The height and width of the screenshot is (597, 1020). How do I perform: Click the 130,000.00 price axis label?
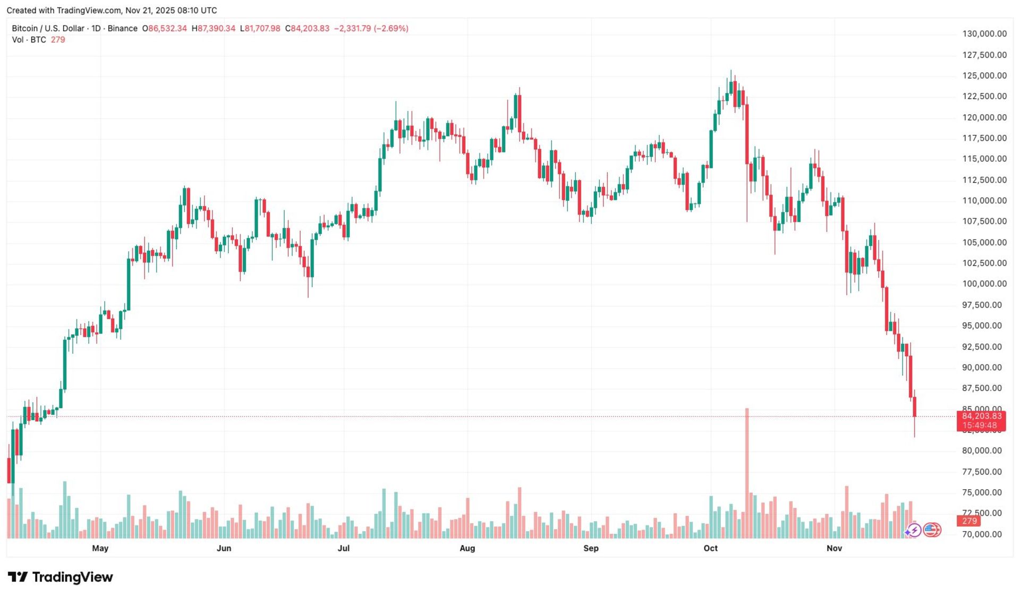[x=984, y=33]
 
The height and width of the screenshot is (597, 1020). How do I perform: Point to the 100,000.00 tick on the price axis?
[x=984, y=284]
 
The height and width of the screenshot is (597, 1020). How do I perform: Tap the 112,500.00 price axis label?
[x=984, y=180]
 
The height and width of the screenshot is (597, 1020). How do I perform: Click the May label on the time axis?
[x=100, y=548]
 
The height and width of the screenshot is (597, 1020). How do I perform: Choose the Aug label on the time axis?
[x=467, y=548]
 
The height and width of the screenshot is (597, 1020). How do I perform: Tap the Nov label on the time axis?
[x=834, y=548]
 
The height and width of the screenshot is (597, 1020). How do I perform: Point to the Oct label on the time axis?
[x=710, y=548]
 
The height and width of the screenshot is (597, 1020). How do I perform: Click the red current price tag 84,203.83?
[x=981, y=416]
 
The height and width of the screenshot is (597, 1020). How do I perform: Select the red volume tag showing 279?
[x=970, y=521]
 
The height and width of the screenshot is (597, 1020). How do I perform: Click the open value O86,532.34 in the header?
[x=164, y=29]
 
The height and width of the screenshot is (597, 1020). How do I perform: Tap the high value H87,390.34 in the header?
[x=213, y=29]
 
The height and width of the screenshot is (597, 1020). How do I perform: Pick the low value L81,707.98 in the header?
[x=260, y=29]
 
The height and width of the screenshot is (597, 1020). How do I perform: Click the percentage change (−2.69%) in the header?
[x=391, y=29]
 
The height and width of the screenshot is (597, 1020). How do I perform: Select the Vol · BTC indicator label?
[x=29, y=40]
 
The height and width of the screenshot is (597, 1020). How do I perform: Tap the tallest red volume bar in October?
[x=747, y=473]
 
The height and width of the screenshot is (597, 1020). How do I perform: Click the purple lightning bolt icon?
[x=914, y=530]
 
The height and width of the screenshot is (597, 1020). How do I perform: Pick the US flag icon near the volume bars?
[x=931, y=530]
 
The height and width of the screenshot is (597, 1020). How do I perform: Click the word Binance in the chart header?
[x=122, y=29]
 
